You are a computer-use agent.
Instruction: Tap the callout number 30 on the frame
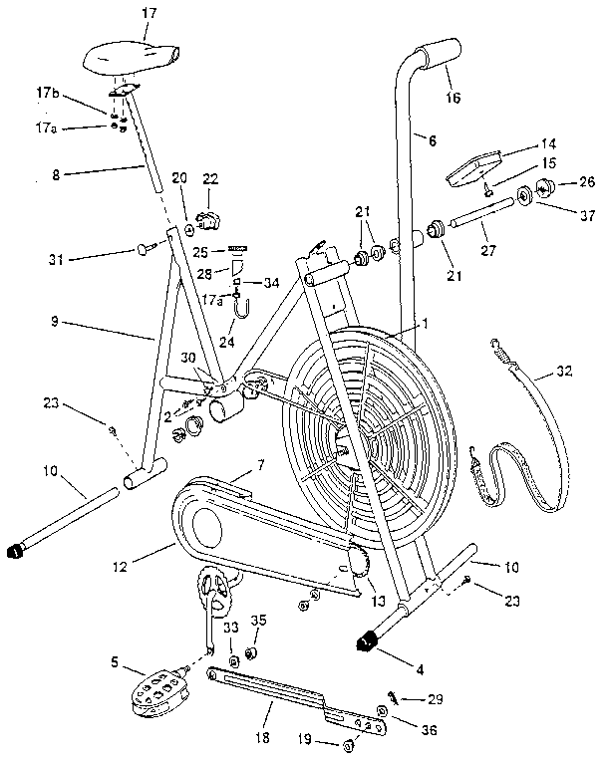point(186,357)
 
